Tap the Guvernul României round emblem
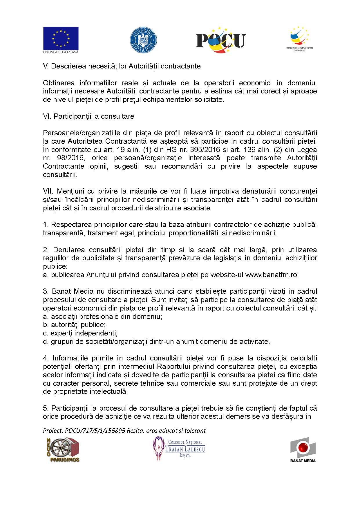pos(143,40)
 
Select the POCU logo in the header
pos(221,40)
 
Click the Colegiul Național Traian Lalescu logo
pos(179,448)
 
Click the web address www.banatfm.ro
pos(272,275)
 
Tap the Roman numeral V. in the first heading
pos(46,66)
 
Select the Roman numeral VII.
pos(48,192)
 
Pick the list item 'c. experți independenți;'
pos(80,333)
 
